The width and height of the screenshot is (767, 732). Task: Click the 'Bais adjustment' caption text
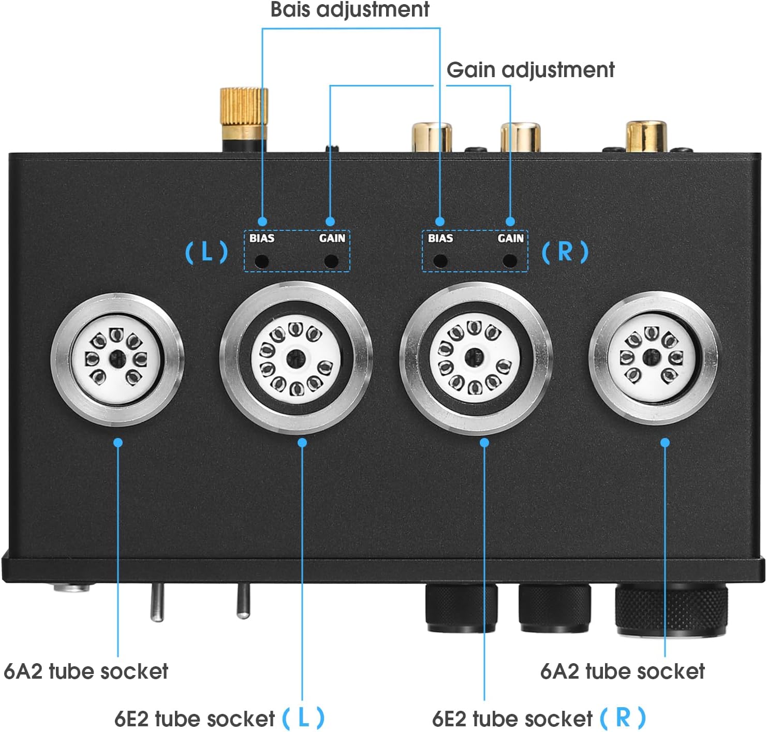tap(350, 10)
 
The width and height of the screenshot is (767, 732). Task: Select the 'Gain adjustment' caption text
tap(530, 70)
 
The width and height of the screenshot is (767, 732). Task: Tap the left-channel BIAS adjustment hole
tap(262, 261)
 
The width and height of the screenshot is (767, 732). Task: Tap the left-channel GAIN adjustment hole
tap(331, 261)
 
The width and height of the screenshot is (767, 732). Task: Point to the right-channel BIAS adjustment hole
tap(440, 261)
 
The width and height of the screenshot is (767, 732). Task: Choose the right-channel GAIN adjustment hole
tap(510, 261)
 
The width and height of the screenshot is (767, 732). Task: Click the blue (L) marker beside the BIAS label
tap(207, 252)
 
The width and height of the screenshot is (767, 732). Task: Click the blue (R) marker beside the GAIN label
tap(565, 252)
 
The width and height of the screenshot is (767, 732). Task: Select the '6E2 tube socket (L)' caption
tap(219, 719)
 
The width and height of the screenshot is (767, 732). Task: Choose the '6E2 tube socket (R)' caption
tap(538, 719)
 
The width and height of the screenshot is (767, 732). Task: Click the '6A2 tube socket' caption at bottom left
tap(86, 671)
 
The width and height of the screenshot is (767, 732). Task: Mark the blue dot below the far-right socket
tap(665, 443)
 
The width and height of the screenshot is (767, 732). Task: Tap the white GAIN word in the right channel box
tap(510, 238)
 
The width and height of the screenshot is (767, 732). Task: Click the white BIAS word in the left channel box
tap(262, 238)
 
